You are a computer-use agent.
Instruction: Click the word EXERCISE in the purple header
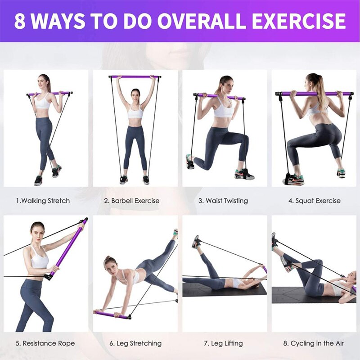[299, 21]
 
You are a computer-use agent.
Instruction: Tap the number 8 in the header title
[19, 21]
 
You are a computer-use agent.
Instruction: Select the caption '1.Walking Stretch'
[43, 201]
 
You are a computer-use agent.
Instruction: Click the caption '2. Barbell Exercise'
[131, 201]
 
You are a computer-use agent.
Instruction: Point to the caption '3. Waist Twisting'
[223, 201]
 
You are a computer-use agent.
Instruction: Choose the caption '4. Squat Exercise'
[314, 201]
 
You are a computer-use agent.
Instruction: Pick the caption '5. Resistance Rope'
[45, 343]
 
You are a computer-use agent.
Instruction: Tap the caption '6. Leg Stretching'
[135, 343]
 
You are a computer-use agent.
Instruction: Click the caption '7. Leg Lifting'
[223, 343]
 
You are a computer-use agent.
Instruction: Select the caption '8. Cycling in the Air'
[313, 343]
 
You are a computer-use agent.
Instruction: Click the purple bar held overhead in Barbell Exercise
[135, 77]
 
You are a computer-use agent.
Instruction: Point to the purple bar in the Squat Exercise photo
[314, 94]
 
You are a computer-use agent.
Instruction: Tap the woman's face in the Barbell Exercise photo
[135, 95]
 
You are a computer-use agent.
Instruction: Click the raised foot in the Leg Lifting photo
[196, 242]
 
